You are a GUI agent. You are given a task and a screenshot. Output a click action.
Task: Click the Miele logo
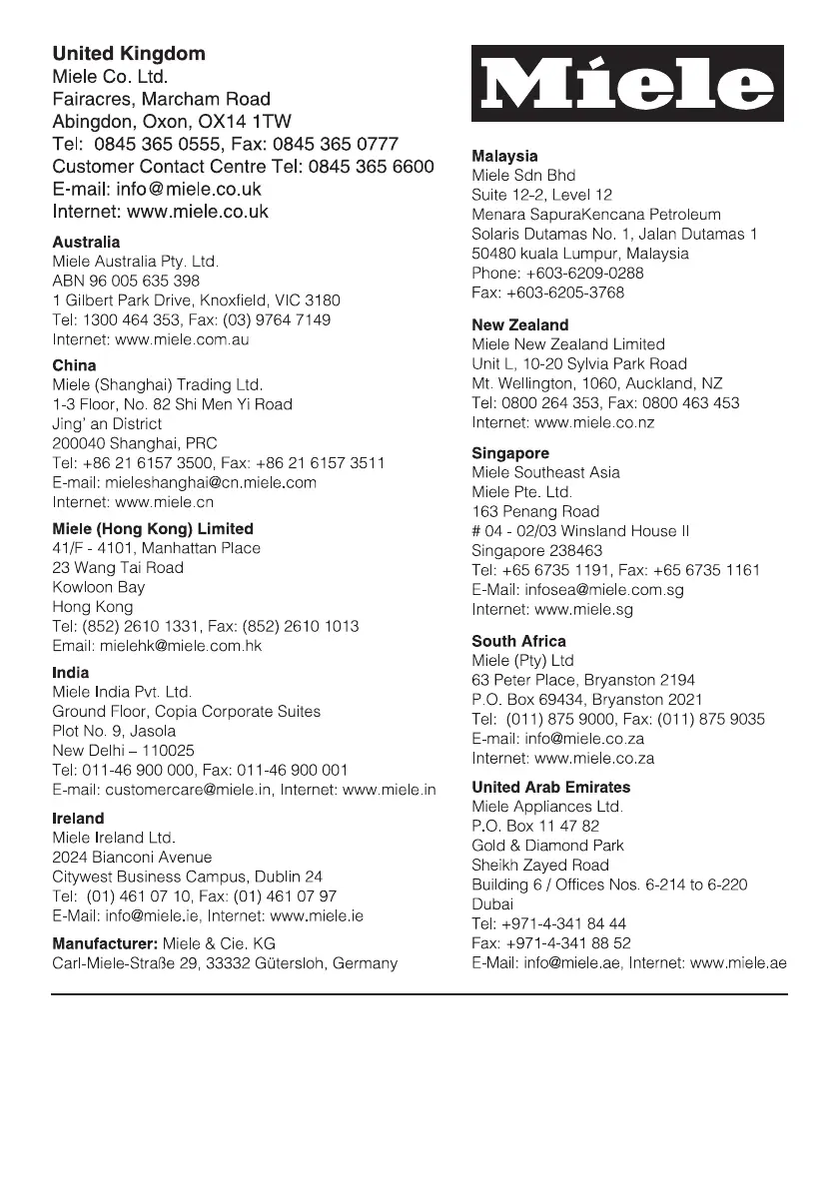tap(628, 86)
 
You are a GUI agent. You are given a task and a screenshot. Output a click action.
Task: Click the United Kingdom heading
tap(129, 54)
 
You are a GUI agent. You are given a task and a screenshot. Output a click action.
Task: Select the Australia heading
tap(86, 243)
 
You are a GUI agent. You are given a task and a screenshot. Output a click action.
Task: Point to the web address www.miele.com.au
tap(183, 339)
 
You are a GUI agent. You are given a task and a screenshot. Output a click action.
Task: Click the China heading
tap(74, 365)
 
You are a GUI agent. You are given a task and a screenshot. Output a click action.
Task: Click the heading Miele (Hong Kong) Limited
tap(153, 529)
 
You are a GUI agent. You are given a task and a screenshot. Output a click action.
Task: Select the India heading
tap(70, 673)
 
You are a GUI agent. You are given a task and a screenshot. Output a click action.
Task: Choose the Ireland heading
tap(78, 819)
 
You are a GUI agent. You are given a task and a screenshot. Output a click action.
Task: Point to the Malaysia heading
tap(504, 157)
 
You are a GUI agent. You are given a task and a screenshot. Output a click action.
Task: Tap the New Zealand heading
tap(520, 325)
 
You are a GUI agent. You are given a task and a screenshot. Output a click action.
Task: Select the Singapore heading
tap(510, 453)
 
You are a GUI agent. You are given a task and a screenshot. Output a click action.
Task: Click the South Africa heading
tap(518, 641)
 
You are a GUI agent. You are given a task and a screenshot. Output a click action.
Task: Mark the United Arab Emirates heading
tap(551, 788)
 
